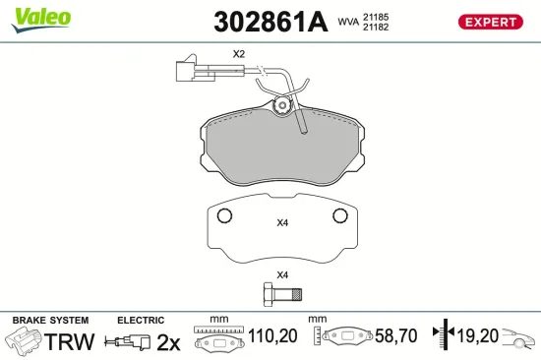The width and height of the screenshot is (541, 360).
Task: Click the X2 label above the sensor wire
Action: (238, 54)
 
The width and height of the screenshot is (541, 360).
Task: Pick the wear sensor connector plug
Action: (184, 72)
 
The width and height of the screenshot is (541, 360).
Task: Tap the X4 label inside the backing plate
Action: (282, 223)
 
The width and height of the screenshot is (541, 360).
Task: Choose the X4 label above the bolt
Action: (282, 274)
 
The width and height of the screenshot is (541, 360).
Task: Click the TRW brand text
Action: (71, 341)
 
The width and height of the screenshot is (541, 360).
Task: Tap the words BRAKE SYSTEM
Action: (49, 321)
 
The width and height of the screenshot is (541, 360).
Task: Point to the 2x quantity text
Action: (169, 341)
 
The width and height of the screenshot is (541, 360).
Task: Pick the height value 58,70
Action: (395, 337)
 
